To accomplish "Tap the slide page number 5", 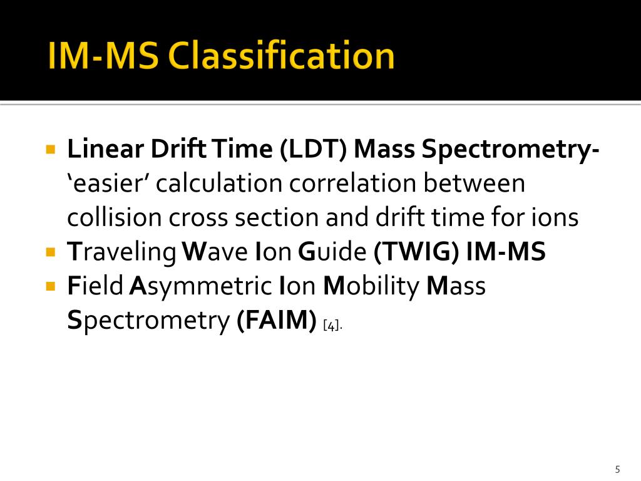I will click(x=617, y=469).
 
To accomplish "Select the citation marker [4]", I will click(x=332, y=325).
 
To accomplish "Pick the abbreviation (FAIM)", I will click(x=276, y=321).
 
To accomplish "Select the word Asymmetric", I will click(x=200, y=286).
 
